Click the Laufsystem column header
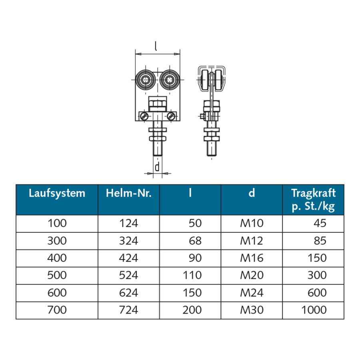pos(57,193)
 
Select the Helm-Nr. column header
pos(128,193)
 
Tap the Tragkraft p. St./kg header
pos(313,200)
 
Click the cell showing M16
pos(252,258)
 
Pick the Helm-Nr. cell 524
pos(128,275)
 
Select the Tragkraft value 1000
pos(314,310)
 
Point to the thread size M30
pos(252,310)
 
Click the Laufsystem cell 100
pos(57,223)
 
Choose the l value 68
pos(195,241)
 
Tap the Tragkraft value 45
pos(320,223)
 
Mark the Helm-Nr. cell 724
pos(128,310)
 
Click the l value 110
pos(192,275)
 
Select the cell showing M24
pos(252,293)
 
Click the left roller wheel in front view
pos(145,80)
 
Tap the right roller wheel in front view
pos(170,80)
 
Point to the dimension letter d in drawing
pos(157,167)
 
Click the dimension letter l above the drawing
pos(156,46)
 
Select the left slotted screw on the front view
pos(144,116)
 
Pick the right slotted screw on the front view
pos(171,116)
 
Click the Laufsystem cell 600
pos(57,293)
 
